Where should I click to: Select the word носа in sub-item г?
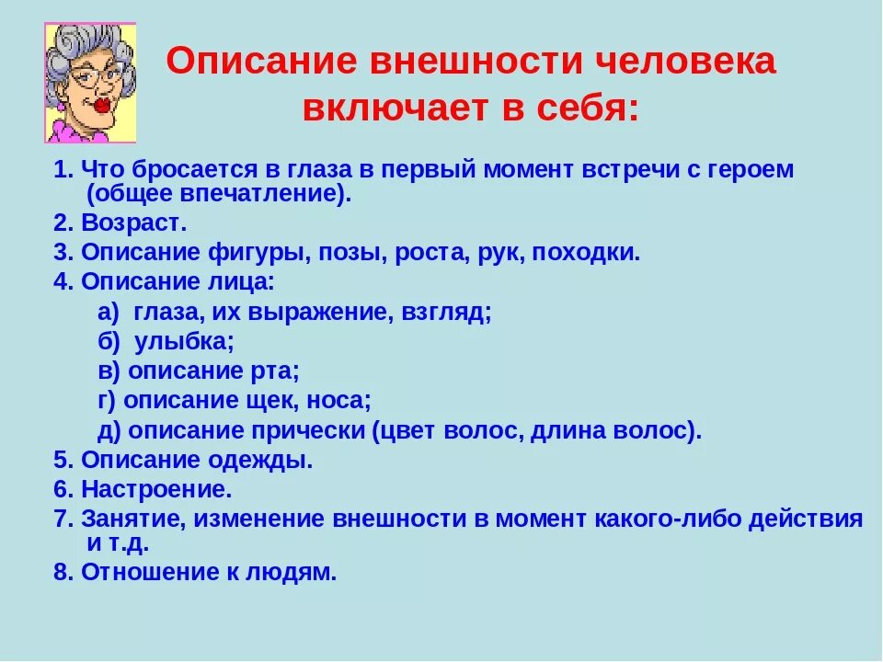(x=338, y=401)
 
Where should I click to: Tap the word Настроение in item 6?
(x=156, y=489)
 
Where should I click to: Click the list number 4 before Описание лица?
(x=62, y=282)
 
